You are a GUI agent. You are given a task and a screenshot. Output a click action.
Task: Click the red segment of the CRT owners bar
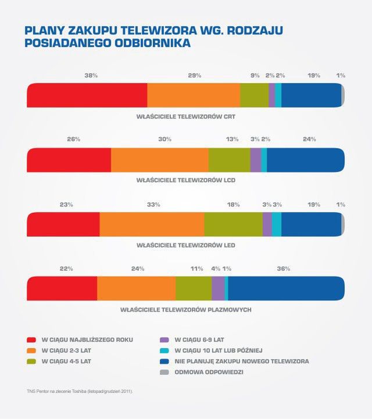[87, 95]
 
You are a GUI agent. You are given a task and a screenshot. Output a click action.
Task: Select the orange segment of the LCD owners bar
[160, 160]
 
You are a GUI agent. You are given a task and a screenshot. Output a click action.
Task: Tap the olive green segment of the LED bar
[233, 224]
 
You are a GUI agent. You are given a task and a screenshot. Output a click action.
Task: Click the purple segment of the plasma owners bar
[217, 288]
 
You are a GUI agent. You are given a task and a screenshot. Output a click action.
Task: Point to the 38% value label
[91, 76]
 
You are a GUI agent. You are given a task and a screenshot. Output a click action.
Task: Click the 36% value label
[283, 269]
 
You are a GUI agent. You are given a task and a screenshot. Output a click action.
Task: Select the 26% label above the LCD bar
[74, 139]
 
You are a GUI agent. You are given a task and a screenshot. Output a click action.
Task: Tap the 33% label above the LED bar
[153, 205]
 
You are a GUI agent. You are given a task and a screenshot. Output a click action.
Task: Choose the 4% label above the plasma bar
[216, 269]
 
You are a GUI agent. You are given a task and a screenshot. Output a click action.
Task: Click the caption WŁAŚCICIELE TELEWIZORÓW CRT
[185, 116]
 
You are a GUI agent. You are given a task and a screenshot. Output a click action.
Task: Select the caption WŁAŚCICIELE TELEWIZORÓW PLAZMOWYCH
[185, 310]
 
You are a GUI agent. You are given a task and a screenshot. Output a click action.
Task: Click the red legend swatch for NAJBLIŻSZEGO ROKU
[32, 339]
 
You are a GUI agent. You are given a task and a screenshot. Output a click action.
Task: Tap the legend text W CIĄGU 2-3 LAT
[66, 350]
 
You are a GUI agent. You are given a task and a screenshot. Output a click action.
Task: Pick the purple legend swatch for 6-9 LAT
[165, 339]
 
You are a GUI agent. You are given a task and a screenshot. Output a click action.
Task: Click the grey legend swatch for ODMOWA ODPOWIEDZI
[165, 373]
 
